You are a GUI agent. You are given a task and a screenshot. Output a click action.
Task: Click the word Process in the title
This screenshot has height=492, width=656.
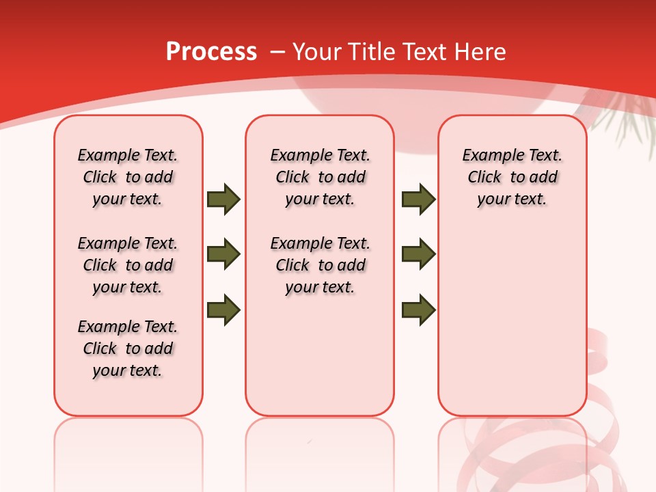[211, 51]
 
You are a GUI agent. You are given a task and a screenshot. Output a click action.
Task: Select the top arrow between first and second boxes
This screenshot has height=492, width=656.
[223, 200]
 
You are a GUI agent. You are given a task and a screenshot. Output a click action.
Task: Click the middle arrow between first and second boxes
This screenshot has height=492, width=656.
[223, 254]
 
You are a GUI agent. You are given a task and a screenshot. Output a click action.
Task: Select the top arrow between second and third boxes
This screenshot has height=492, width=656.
[418, 200]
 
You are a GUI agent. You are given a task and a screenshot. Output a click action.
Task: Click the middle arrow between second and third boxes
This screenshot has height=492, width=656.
[418, 254]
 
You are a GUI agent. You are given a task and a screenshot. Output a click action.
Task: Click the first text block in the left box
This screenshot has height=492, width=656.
[128, 177]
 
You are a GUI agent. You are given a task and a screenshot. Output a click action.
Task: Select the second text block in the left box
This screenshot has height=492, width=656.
[128, 265]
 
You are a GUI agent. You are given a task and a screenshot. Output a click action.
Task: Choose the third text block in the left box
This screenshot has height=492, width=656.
[128, 348]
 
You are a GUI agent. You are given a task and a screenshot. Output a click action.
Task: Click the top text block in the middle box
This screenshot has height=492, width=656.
[320, 177]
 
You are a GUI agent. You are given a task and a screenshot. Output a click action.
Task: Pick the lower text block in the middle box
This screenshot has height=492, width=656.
[320, 265]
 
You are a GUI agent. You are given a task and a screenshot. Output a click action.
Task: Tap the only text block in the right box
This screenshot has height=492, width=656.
[512, 177]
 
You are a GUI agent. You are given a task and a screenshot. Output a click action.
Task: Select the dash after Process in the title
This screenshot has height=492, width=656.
[278, 51]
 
